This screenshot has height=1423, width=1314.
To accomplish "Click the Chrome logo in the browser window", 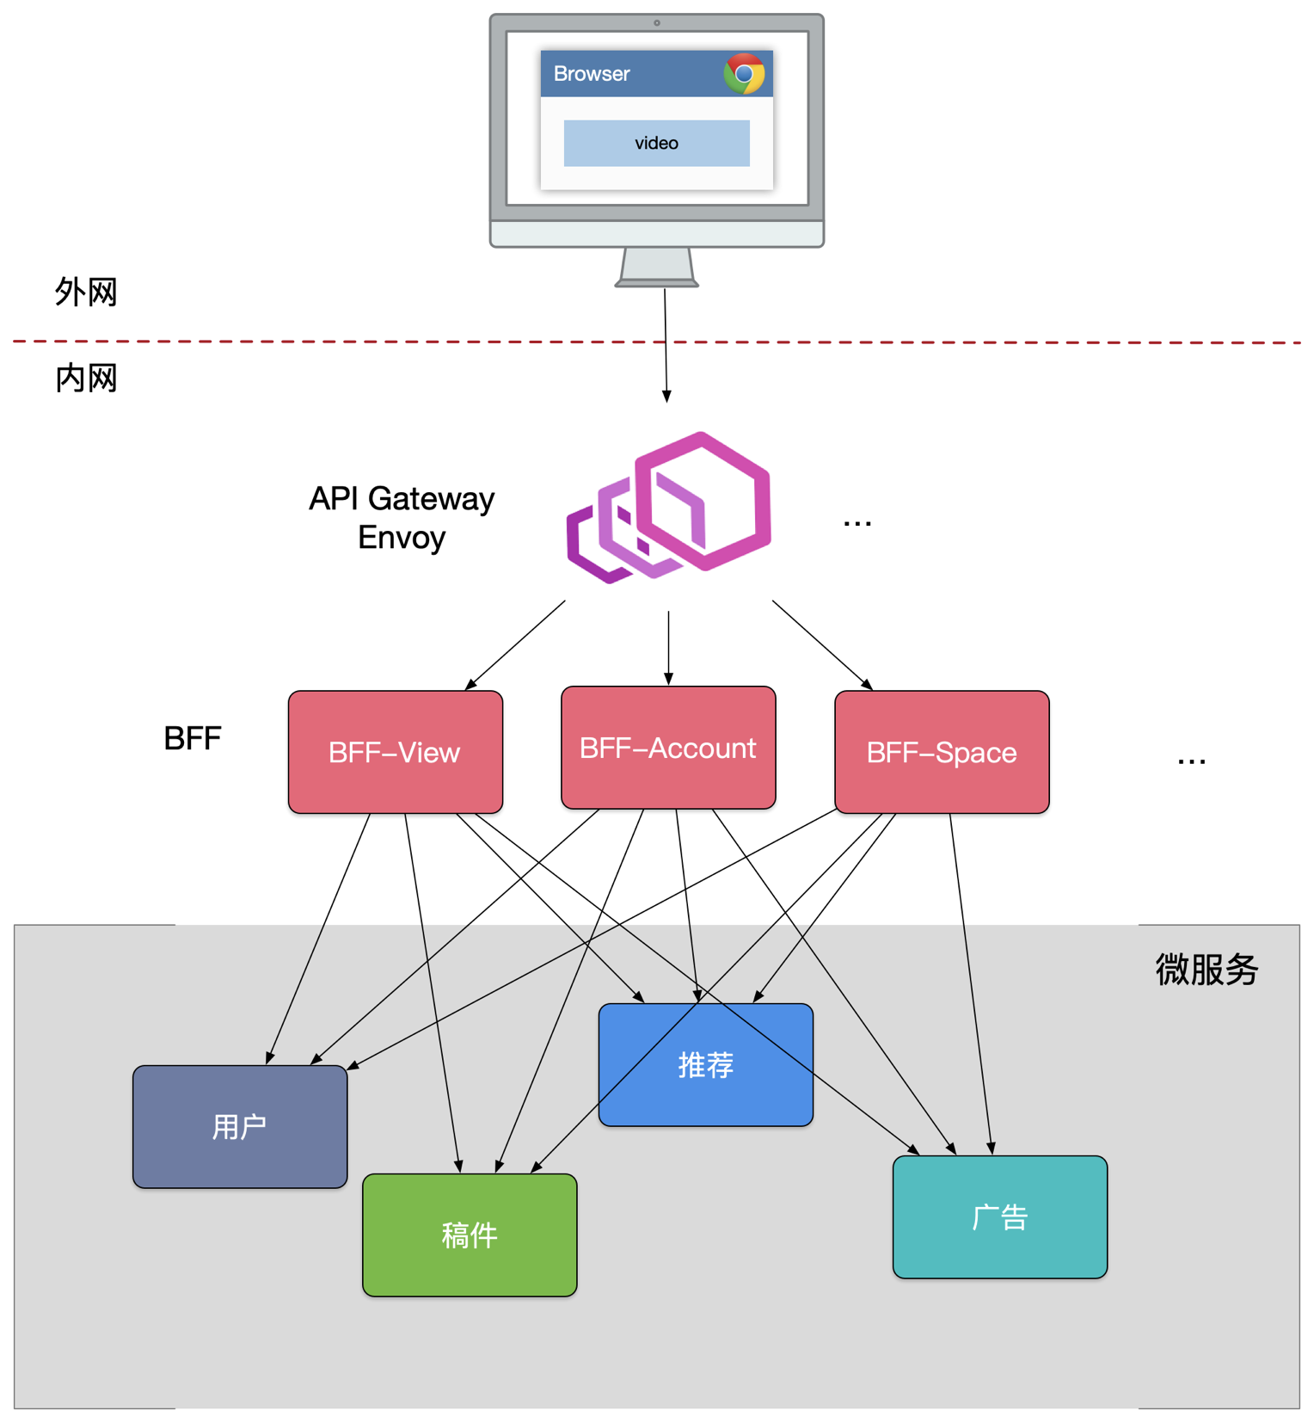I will pyautogui.click(x=744, y=74).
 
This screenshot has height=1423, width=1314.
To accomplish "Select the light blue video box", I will pyautogui.click(x=656, y=143).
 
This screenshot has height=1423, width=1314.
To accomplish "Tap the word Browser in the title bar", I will pyautogui.click(x=592, y=74).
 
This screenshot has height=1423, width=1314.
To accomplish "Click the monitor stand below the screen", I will pyautogui.click(x=656, y=266).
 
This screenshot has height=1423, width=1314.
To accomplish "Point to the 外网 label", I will pyautogui.click(x=86, y=293).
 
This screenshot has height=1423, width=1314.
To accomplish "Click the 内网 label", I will pyautogui.click(x=86, y=379).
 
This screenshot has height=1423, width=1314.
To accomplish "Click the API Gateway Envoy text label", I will pyautogui.click(x=402, y=518).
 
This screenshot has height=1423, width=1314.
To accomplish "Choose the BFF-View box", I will pyautogui.click(x=396, y=752).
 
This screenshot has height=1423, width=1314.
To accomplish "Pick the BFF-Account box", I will pyautogui.click(x=668, y=748).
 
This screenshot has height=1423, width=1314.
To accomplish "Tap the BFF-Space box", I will pyautogui.click(x=942, y=752).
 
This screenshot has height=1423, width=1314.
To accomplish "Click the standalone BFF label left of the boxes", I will pyautogui.click(x=193, y=738).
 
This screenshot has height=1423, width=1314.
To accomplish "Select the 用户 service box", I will pyautogui.click(x=240, y=1126).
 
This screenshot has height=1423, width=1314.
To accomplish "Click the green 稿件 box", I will pyautogui.click(x=470, y=1235).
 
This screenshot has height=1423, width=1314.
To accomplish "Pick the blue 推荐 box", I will pyautogui.click(x=705, y=1065).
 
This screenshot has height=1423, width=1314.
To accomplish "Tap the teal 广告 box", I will pyautogui.click(x=1000, y=1217).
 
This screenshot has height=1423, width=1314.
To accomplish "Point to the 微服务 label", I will pyautogui.click(x=1207, y=970).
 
